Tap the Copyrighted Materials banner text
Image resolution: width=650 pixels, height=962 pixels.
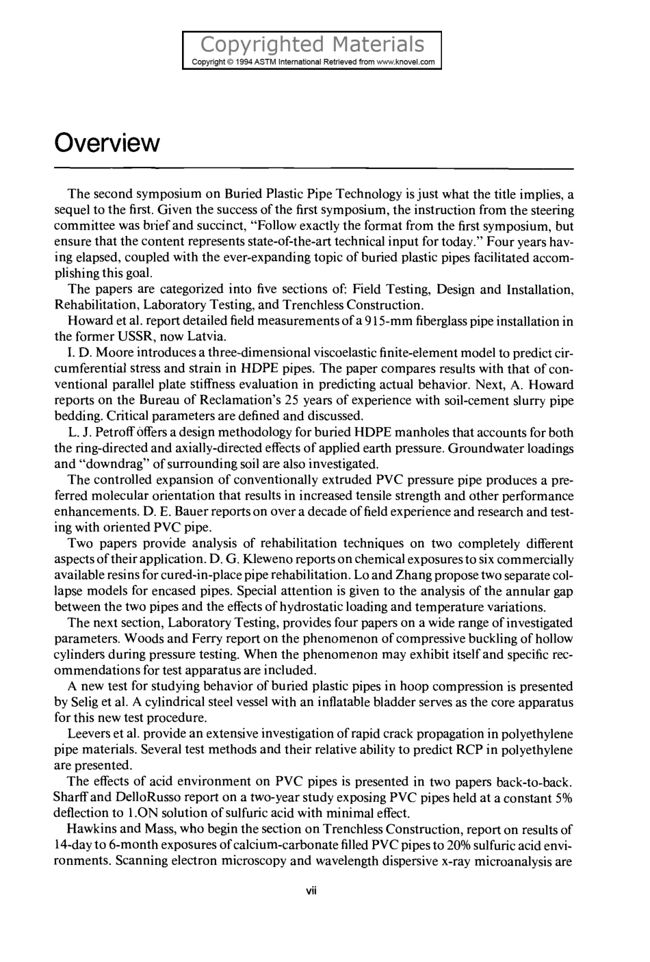(313, 44)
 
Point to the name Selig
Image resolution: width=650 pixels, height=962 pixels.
(86, 703)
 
